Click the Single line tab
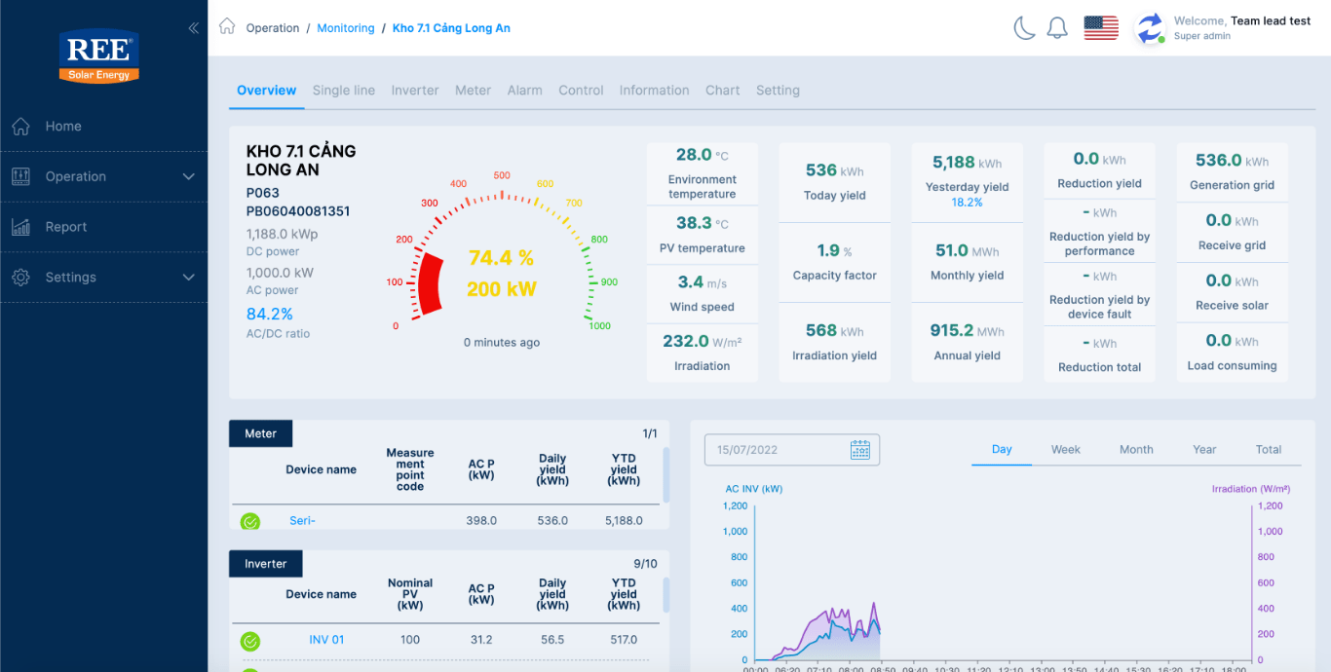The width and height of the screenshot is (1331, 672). click(x=343, y=91)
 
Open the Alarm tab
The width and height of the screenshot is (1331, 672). click(x=524, y=91)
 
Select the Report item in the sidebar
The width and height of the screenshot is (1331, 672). click(x=65, y=227)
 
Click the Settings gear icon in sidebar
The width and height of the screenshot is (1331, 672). click(x=20, y=278)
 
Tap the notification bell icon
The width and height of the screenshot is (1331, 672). click(x=1057, y=28)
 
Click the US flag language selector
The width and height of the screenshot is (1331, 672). click(x=1101, y=28)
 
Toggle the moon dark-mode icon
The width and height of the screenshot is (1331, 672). click(x=1024, y=28)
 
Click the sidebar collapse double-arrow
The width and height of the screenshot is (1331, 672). click(x=193, y=28)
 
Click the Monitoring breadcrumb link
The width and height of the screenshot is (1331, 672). click(x=346, y=28)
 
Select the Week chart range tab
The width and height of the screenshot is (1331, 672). click(x=1065, y=450)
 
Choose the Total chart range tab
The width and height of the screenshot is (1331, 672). click(x=1268, y=450)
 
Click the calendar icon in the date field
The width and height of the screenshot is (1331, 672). click(x=859, y=450)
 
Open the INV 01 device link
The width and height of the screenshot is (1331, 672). click(x=326, y=640)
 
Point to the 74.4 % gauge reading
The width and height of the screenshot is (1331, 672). click(x=501, y=258)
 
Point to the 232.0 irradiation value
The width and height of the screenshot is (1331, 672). click(x=686, y=341)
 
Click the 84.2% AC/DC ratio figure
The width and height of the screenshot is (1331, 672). click(x=270, y=315)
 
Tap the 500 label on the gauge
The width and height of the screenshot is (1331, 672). click(x=502, y=176)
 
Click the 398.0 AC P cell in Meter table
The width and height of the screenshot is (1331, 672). click(x=481, y=521)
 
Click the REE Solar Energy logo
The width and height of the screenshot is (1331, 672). click(x=99, y=56)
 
